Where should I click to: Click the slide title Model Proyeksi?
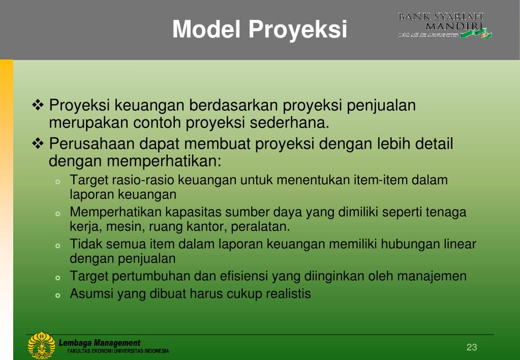tap(260, 29)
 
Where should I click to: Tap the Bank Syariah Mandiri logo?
tap(445, 25)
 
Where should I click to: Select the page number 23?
tap(472, 347)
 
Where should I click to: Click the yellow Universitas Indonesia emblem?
tap(41, 345)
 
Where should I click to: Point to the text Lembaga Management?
tap(99, 343)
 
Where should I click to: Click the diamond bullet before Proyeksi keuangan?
tap(39, 106)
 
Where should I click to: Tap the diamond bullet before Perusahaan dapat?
tap(39, 144)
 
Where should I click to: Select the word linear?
tap(459, 244)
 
